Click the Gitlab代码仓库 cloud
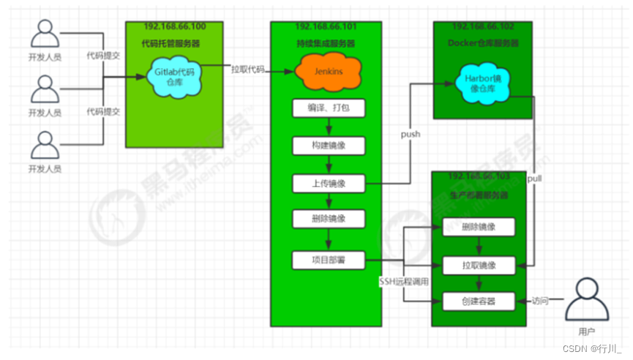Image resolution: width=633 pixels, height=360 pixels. tap(171, 75)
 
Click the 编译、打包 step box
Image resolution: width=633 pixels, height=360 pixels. tap(327, 109)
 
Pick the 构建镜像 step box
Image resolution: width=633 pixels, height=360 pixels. tap(327, 146)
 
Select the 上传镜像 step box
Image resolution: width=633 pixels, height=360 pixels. tap(327, 183)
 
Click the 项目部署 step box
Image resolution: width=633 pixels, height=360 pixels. tap(327, 260)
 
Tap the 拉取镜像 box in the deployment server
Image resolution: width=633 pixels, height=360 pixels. tap(479, 264)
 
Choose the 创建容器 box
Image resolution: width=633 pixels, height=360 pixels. tap(479, 301)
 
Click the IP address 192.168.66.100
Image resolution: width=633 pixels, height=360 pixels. tap(175, 26)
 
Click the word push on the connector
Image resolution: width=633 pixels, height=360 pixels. tap(410, 135)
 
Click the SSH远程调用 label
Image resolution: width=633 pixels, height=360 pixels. tap(403, 281)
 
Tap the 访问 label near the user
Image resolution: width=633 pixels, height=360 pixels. tap(539, 300)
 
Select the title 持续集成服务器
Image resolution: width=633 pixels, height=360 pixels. tap(327, 44)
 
